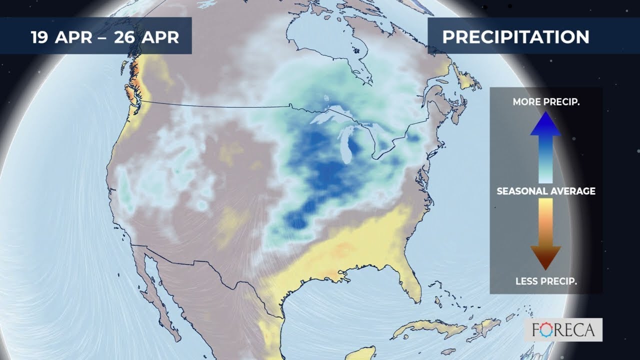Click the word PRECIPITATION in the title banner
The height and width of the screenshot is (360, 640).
(x=515, y=37)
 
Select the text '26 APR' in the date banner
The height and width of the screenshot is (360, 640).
(x=146, y=37)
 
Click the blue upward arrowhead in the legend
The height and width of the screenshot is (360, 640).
(x=545, y=124)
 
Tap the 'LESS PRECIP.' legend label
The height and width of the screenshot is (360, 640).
(x=545, y=281)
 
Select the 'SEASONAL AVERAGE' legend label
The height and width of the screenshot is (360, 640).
(x=545, y=191)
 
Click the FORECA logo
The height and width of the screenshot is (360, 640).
(x=562, y=330)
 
